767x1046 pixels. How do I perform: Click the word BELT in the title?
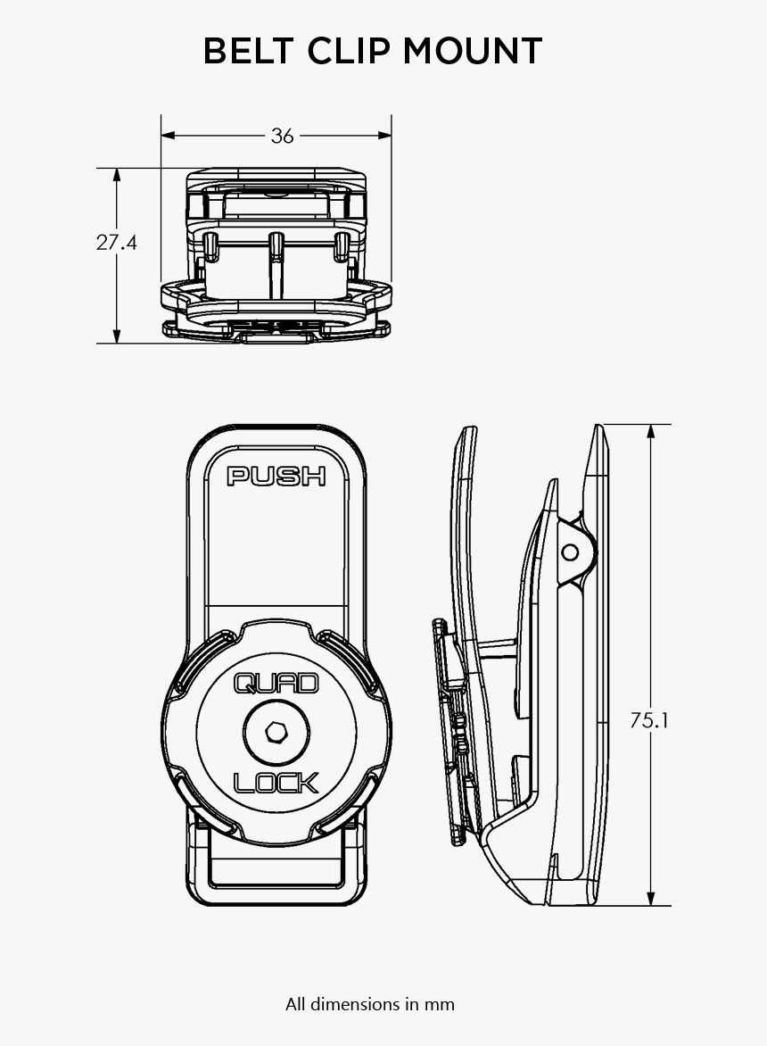click(x=251, y=52)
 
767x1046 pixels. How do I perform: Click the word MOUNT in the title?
click(x=472, y=52)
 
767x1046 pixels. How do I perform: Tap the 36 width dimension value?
click(x=282, y=136)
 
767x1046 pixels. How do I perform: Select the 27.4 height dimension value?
click(x=117, y=242)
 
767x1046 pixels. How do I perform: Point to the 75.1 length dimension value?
click(x=649, y=720)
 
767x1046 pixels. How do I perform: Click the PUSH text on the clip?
click(x=276, y=476)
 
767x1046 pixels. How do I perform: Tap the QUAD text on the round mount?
click(x=276, y=684)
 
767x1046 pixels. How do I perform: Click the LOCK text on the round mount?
click(x=276, y=783)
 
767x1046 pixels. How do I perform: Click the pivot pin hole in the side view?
click(x=570, y=552)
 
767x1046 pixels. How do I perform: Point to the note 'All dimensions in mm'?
click(x=370, y=1004)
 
